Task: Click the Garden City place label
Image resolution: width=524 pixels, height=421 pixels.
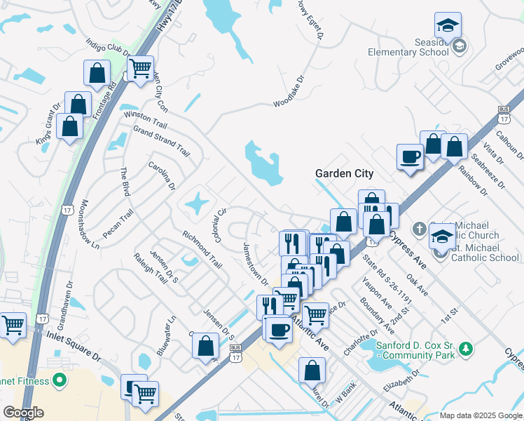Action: (344, 173)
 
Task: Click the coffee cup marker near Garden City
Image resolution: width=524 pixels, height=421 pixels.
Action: (410, 157)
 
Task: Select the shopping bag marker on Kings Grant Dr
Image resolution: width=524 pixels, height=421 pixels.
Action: (69, 127)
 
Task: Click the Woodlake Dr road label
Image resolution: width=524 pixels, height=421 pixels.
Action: (289, 93)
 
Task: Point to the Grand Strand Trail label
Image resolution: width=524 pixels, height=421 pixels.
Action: (162, 140)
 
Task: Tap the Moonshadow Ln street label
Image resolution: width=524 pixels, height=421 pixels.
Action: (90, 227)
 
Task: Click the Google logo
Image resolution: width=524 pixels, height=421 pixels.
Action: (23, 413)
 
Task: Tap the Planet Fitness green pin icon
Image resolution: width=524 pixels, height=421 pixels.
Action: (60, 381)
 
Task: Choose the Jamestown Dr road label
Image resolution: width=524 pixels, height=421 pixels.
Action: (255, 263)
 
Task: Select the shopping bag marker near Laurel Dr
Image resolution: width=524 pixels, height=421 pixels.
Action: (312, 370)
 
